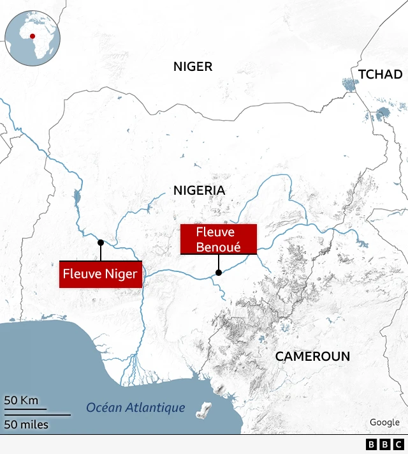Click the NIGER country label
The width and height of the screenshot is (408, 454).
[x=193, y=67]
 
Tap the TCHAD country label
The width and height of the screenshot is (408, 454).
[x=380, y=75]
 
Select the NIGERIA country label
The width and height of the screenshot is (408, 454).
[x=199, y=190]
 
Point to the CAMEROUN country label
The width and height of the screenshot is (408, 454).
[x=312, y=356]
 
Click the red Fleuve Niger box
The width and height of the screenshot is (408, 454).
[x=100, y=275]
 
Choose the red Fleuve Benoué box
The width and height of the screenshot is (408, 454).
[x=218, y=239]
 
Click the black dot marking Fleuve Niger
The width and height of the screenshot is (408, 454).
[x=100, y=243]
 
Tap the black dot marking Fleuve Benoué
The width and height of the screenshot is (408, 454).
[x=219, y=273]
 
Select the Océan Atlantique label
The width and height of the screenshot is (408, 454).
[x=135, y=407]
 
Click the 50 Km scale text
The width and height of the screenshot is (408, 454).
[x=22, y=400]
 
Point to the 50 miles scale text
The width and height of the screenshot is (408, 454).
[x=26, y=424]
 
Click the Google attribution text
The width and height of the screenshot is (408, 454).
[x=384, y=422]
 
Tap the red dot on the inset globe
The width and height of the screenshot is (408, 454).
[x=33, y=36]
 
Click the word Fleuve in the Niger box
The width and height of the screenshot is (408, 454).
[x=80, y=275]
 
